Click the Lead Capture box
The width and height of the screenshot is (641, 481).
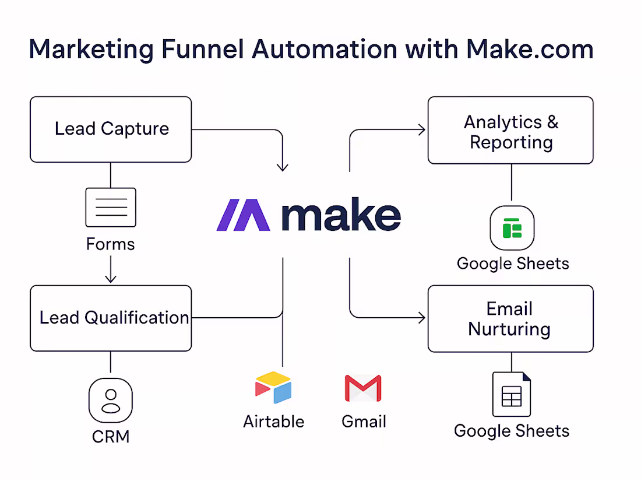click(111, 129)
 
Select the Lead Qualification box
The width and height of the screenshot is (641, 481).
click(111, 318)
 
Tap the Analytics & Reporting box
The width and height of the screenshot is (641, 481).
click(510, 131)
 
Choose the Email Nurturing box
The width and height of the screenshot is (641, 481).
click(510, 319)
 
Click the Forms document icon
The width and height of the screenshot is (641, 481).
click(111, 207)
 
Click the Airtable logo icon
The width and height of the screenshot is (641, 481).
click(273, 388)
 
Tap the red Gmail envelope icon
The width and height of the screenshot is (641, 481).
click(363, 389)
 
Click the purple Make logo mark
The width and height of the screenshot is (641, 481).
click(243, 215)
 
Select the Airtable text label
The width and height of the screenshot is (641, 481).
click(273, 422)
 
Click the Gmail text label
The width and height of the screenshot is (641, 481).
click(364, 422)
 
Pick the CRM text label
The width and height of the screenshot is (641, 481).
click(111, 436)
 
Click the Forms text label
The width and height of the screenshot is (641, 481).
click(111, 244)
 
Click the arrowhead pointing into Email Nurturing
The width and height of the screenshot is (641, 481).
click(422, 318)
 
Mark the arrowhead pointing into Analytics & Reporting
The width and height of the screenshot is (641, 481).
click(422, 130)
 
